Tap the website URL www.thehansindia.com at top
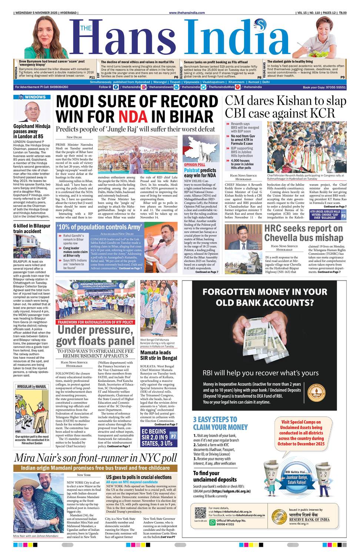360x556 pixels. [187, 13]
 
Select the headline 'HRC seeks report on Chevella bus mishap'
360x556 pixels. [303, 233]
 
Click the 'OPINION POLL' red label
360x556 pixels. [194, 165]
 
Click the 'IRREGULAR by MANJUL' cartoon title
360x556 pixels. [32, 387]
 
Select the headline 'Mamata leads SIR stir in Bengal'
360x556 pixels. [159, 355]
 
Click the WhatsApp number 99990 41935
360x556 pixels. [225, 524]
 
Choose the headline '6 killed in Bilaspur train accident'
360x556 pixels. [32, 228]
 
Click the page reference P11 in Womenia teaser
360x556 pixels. [92, 77]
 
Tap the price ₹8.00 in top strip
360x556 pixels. [342, 13]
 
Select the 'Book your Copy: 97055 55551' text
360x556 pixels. [324, 87]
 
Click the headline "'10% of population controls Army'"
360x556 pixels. [99, 227]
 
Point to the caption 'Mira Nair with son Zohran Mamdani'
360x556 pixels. [36, 536]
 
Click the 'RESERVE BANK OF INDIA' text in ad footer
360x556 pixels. [309, 519]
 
